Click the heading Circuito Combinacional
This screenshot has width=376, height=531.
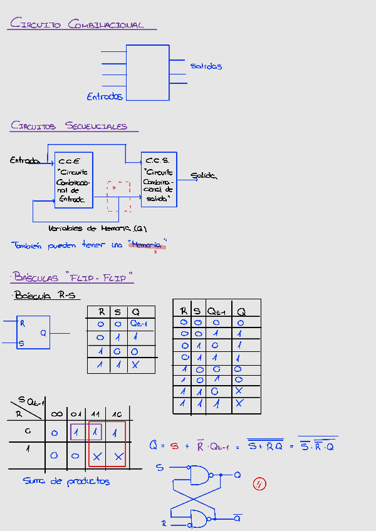point(78,24)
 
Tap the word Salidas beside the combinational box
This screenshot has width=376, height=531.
point(206,66)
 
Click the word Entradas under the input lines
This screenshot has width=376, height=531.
point(105,96)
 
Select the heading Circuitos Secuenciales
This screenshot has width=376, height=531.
point(69,126)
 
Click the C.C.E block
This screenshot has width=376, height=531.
point(73,179)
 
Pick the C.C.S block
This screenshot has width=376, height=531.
point(159,179)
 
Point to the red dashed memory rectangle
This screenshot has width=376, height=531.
point(118,197)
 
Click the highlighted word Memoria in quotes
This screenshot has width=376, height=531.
point(147,245)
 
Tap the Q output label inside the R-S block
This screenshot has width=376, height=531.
point(43,333)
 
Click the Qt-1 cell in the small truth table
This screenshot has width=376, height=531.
point(138,324)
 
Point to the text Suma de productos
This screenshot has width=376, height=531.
point(66,481)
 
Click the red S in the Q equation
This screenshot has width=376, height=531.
point(175,446)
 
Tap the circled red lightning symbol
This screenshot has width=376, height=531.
point(259,483)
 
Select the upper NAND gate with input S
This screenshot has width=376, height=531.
point(201,475)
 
